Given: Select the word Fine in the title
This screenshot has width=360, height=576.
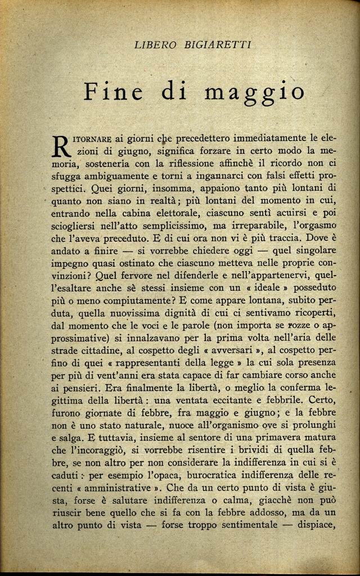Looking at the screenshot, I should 113,92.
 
